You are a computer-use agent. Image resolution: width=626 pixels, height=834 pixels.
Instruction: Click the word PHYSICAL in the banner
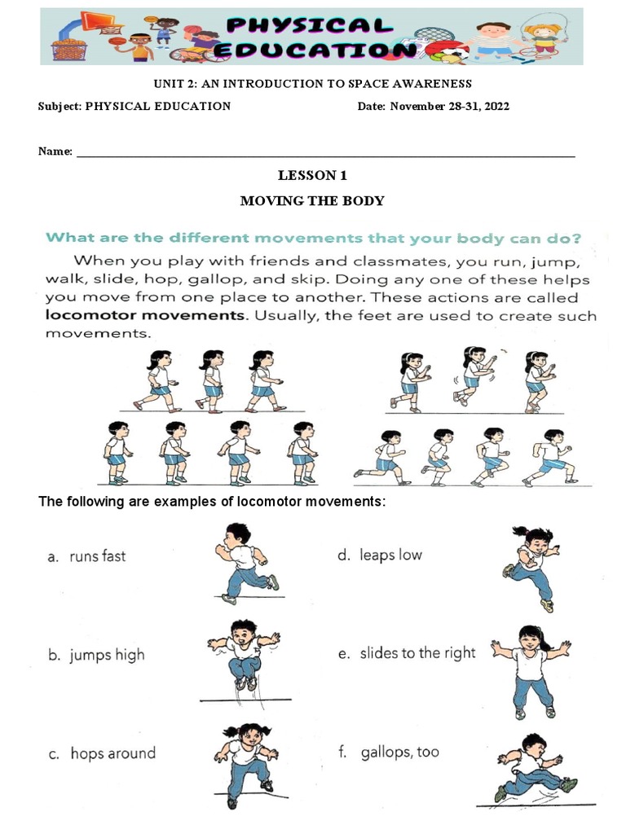click(313, 24)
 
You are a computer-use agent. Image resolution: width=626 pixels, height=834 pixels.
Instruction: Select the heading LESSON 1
click(307, 175)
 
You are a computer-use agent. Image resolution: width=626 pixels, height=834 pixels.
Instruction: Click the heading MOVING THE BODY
click(312, 200)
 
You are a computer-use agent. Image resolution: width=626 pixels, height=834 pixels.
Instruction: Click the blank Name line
click(325, 152)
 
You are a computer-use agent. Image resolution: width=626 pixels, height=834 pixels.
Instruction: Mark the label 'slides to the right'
click(417, 653)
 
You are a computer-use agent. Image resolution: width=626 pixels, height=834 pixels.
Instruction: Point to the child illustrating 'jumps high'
click(243, 656)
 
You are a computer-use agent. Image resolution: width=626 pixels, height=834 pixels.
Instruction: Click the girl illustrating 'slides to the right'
click(530, 669)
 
